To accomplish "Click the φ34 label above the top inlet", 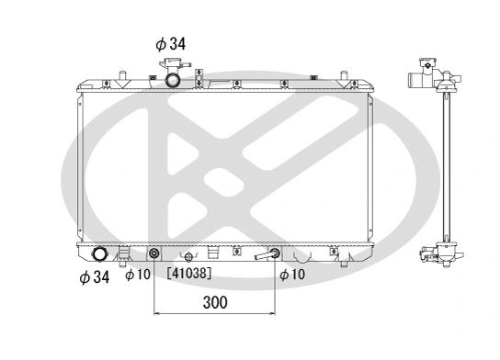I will [x=170, y=42].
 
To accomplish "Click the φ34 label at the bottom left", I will [x=94, y=276].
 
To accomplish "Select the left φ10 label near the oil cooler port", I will [x=137, y=275].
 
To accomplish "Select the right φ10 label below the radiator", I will [x=291, y=275].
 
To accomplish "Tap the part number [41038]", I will [x=189, y=273].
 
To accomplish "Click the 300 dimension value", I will [x=214, y=301].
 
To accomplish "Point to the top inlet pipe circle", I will [x=172, y=80].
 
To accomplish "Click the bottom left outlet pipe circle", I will [x=99, y=254].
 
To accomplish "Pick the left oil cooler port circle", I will [x=153, y=254].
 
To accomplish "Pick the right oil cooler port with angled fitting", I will [x=274, y=254].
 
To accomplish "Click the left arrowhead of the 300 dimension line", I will [x=157, y=312].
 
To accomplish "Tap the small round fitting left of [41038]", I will [x=189, y=257].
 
